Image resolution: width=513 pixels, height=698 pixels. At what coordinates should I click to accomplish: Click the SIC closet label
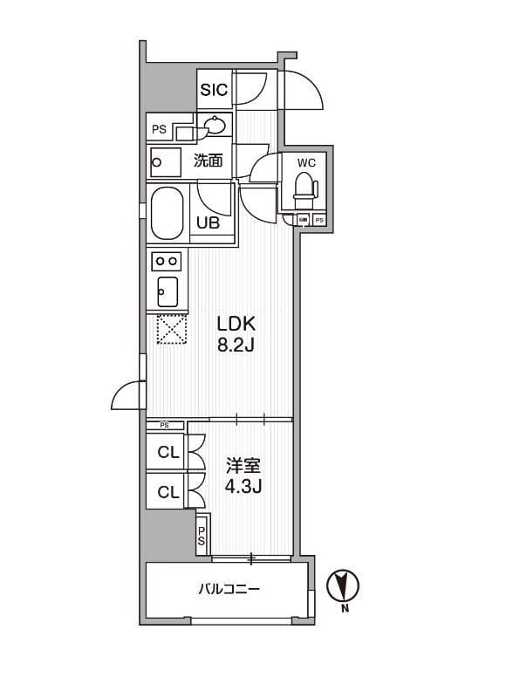click(214, 90)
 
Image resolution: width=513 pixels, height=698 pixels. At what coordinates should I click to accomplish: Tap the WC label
click(306, 162)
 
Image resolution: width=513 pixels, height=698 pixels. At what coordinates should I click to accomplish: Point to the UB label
click(208, 222)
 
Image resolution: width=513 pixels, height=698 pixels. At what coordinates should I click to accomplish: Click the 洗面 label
click(208, 161)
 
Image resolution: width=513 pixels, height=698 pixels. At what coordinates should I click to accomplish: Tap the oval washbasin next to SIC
click(214, 127)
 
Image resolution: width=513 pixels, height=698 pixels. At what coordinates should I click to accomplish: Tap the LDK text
click(235, 323)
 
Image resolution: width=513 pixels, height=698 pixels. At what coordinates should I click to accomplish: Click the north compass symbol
click(342, 585)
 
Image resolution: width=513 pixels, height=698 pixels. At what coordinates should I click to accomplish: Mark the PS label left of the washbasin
click(159, 129)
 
